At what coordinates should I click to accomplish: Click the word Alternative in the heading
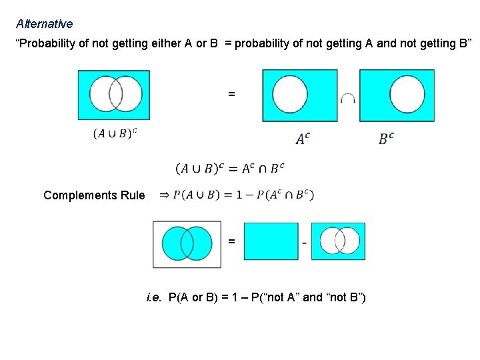tap(44, 24)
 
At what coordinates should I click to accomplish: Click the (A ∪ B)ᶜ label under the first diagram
tap(115, 133)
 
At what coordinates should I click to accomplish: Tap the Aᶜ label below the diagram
tap(303, 139)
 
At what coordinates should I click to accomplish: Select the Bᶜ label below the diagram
tap(387, 139)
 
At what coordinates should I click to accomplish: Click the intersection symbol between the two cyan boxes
tap(347, 99)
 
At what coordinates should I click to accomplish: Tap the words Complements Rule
tap(93, 195)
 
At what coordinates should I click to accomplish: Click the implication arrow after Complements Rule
tap(163, 195)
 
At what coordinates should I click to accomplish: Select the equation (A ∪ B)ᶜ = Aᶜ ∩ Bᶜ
tap(230, 168)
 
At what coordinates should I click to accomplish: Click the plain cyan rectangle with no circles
tap(271, 241)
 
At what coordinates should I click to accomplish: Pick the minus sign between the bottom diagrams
tap(305, 243)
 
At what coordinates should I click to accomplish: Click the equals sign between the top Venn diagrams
tap(231, 95)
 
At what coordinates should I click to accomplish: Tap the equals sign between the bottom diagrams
tap(231, 241)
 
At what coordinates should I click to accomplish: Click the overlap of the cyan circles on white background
tap(187, 244)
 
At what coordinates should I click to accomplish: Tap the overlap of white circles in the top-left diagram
tap(114, 94)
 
